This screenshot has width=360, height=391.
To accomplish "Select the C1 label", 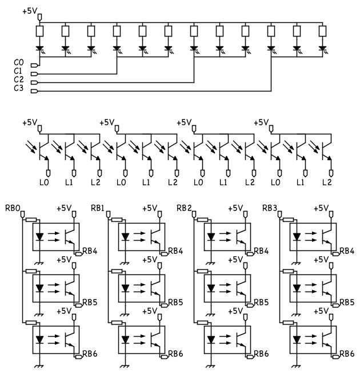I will pyautogui.click(x=19, y=70).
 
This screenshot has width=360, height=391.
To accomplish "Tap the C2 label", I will pyautogui.click(x=19, y=79).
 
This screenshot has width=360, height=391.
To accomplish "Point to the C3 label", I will pyautogui.click(x=19, y=89).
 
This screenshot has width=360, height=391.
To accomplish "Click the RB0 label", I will pyautogui.click(x=12, y=208).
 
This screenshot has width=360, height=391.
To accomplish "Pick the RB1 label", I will pyautogui.click(x=98, y=208).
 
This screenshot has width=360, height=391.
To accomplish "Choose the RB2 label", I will pyautogui.click(x=183, y=208).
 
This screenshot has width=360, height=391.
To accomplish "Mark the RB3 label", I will pyautogui.click(x=269, y=208).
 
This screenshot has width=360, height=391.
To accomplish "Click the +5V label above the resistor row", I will pyautogui.click(x=30, y=11).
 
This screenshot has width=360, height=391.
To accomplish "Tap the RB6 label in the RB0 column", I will pyautogui.click(x=90, y=354).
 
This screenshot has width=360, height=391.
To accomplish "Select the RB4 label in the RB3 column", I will pyautogui.click(x=347, y=251).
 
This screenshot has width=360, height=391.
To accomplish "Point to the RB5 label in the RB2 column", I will pyautogui.click(x=262, y=302).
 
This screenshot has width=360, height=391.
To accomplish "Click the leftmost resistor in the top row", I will pyautogui.click(x=39, y=31).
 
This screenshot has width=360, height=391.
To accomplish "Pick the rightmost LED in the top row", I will pyautogui.click(x=322, y=49).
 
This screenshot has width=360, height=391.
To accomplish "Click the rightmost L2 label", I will pyautogui.click(x=327, y=182).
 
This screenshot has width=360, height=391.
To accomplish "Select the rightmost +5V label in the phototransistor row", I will pyautogui.click(x=261, y=122).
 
